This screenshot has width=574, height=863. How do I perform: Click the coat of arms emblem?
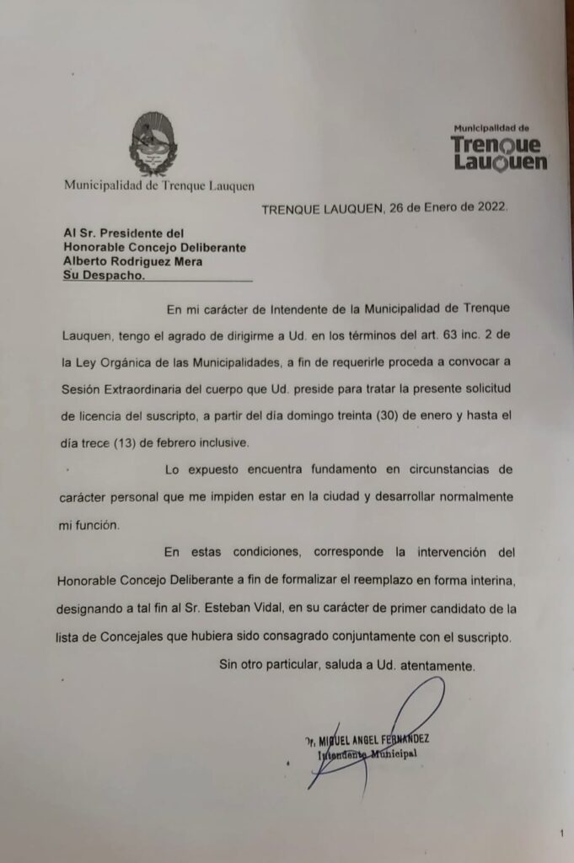click(x=153, y=146)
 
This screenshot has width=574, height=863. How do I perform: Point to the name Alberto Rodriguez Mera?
click(x=134, y=261)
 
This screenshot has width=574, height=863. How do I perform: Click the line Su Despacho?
click(x=104, y=276)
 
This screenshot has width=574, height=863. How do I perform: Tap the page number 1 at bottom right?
click(x=561, y=834)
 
